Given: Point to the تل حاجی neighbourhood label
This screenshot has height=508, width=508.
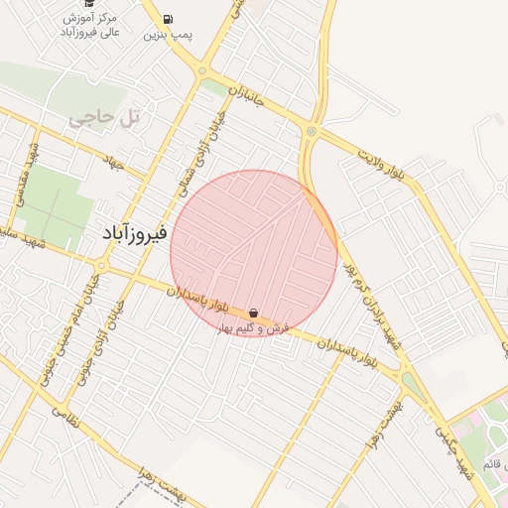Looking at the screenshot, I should [x=105, y=118].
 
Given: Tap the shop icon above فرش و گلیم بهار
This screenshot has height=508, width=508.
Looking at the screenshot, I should [x=255, y=313].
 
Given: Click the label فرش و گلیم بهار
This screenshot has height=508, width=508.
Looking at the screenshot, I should [x=254, y=327].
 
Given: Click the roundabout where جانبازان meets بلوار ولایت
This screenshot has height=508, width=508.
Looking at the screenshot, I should [x=311, y=131].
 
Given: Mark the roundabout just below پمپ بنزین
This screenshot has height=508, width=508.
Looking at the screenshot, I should [x=201, y=70].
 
